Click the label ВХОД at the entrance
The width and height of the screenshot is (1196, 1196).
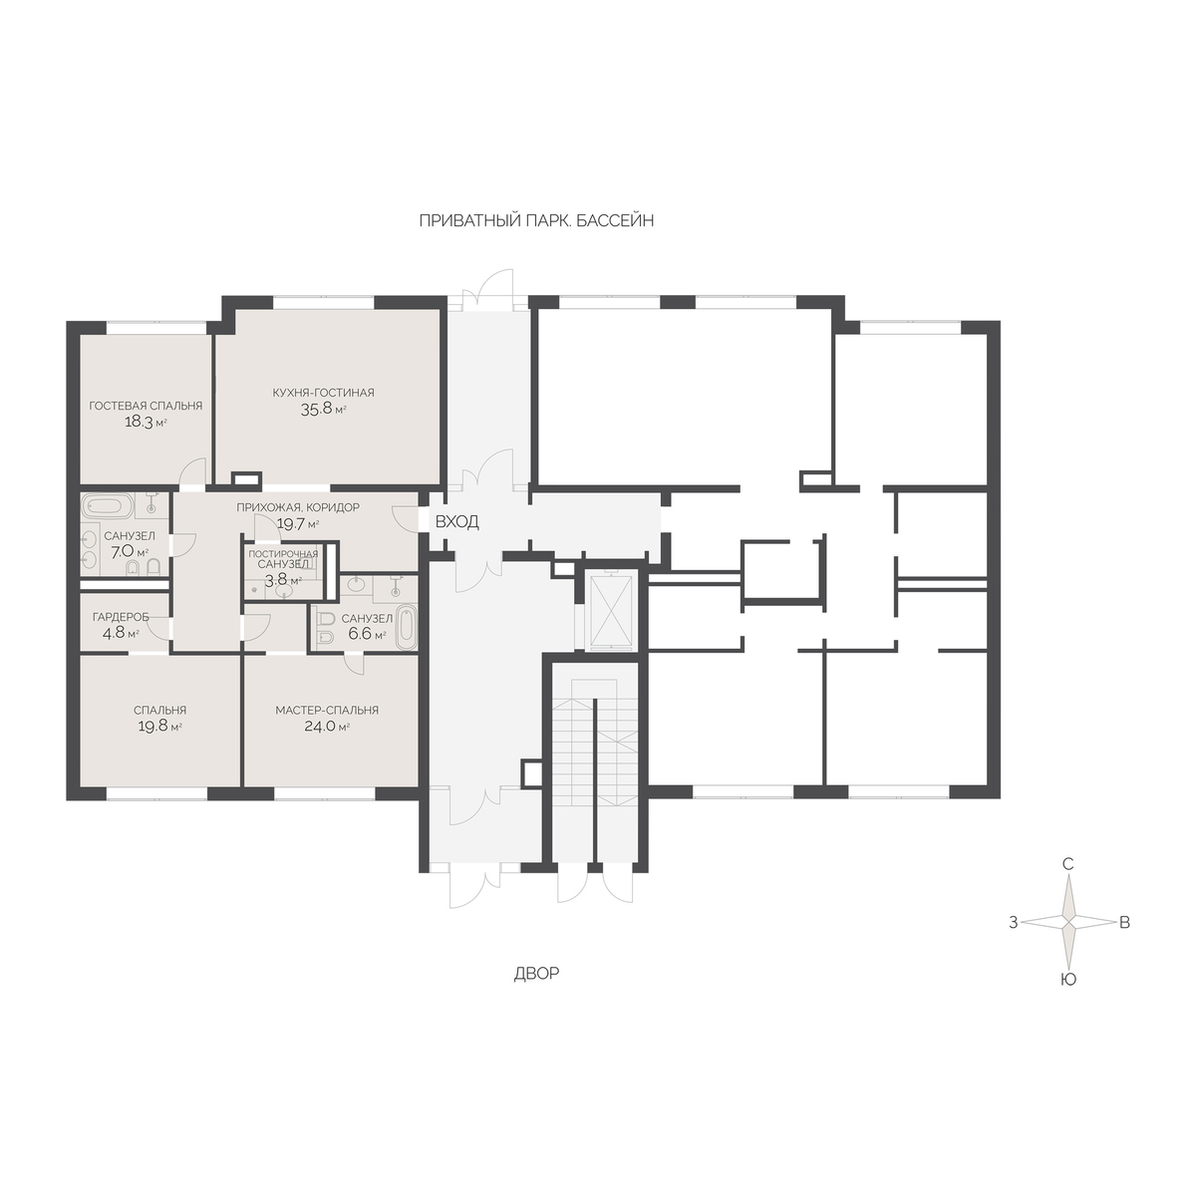pyautogui.click(x=456, y=522)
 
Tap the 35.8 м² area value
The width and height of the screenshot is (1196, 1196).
pyautogui.click(x=323, y=409)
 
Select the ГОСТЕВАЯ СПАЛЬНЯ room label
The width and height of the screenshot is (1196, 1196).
pyautogui.click(x=146, y=406)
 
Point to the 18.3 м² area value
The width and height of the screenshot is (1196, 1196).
pyautogui.click(x=146, y=422)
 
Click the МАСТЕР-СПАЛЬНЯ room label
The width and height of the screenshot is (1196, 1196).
pyautogui.click(x=327, y=710)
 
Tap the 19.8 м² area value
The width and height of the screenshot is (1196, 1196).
pyautogui.click(x=159, y=727)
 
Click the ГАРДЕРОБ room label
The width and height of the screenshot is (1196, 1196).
pyautogui.click(x=121, y=617)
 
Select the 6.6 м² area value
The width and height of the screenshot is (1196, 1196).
pyautogui.click(x=366, y=635)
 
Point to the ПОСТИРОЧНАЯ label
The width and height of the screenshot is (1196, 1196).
pyautogui.click(x=283, y=554)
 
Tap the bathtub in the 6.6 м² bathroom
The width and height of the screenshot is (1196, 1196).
pyautogui.click(x=408, y=626)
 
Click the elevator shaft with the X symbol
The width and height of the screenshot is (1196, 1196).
pyautogui.click(x=612, y=611)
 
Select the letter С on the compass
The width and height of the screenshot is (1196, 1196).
pyautogui.click(x=1068, y=864)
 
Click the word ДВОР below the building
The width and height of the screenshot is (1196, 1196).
pyautogui.click(x=536, y=974)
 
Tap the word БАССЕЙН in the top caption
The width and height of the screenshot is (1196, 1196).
pyautogui.click(x=615, y=221)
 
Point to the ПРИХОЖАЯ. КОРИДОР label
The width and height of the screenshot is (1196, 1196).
pyautogui.click(x=298, y=507)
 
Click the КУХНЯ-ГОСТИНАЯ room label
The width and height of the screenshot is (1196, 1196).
pyautogui.click(x=323, y=393)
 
